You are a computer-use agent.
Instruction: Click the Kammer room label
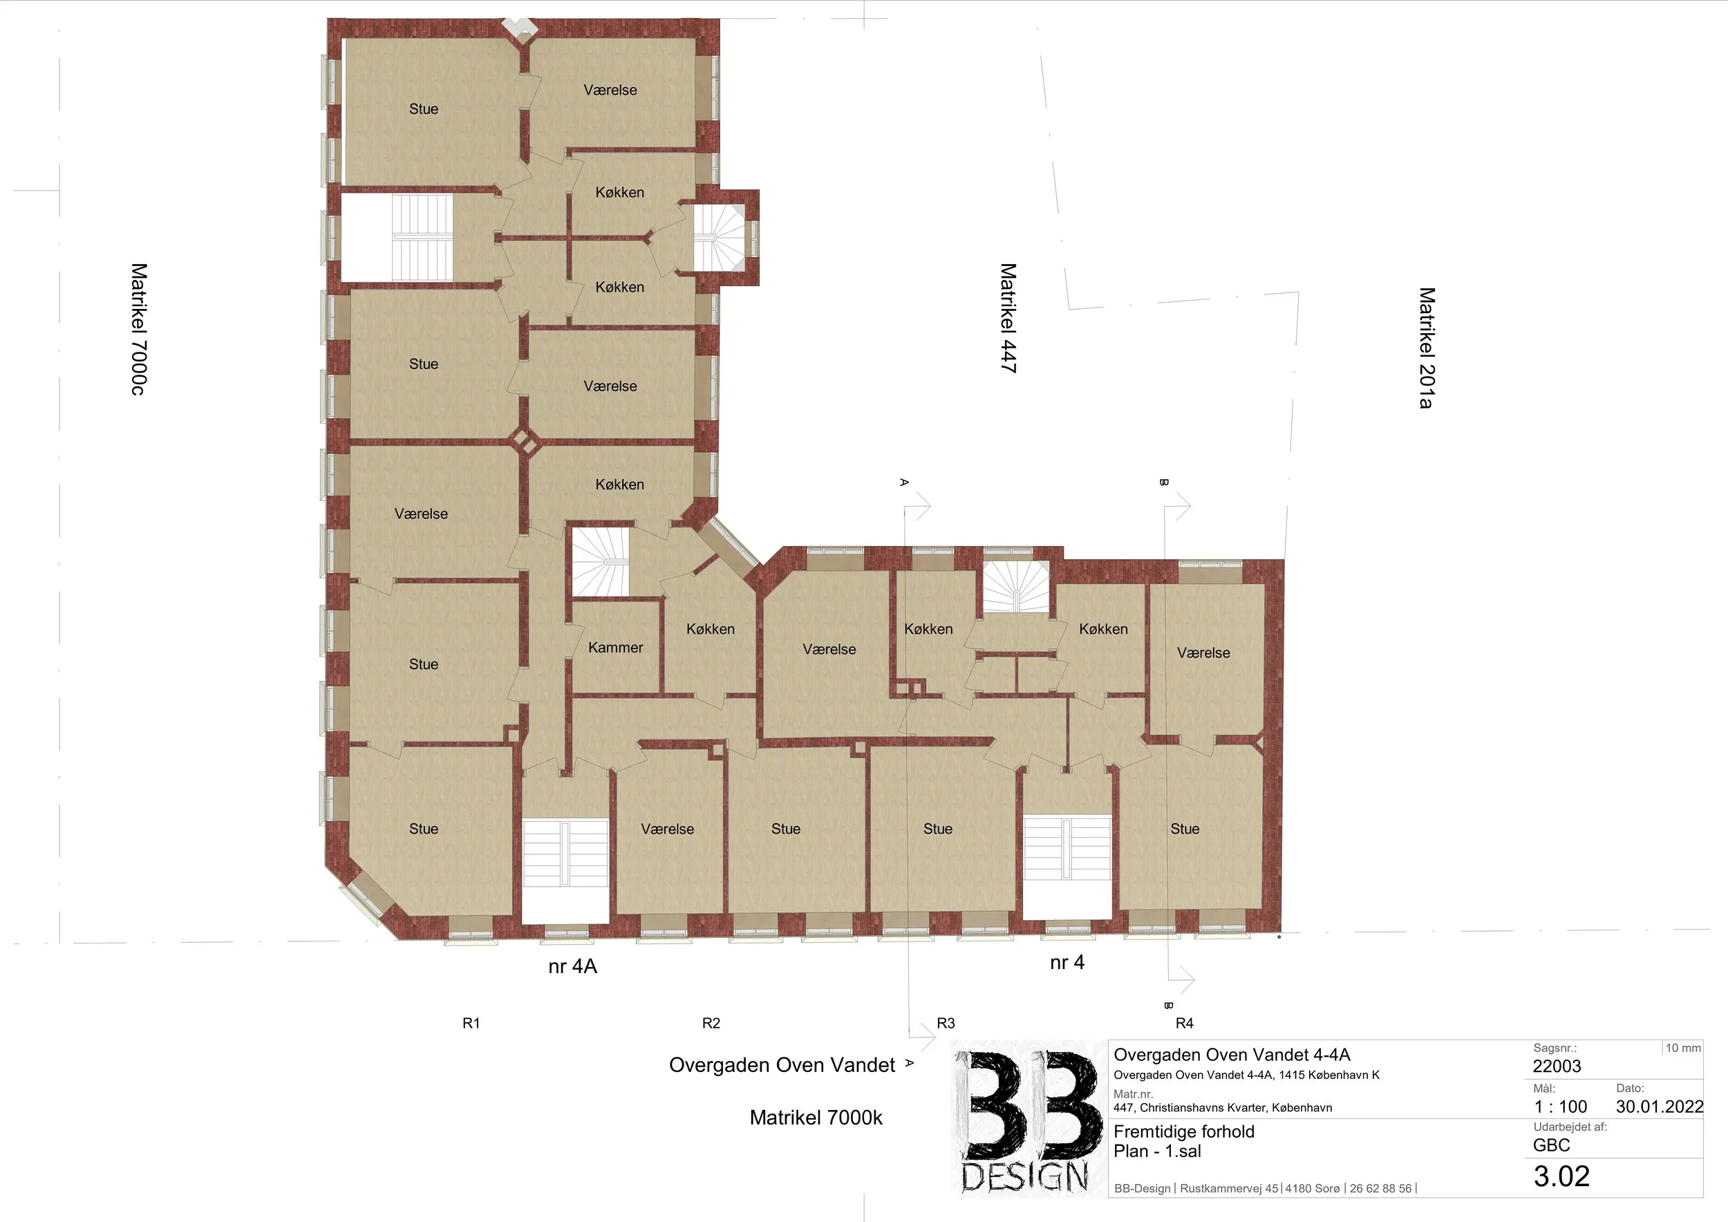(x=616, y=647)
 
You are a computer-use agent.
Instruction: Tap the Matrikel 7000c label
(x=139, y=329)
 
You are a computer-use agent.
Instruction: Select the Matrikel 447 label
(x=1008, y=317)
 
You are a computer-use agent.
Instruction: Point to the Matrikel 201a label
(x=1426, y=348)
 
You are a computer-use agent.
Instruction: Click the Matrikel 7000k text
(x=816, y=1118)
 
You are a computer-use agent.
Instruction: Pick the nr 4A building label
(x=573, y=966)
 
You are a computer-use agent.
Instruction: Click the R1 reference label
(x=471, y=1023)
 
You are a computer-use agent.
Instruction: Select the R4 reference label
(x=1185, y=1023)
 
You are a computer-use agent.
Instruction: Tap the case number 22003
(x=1557, y=1066)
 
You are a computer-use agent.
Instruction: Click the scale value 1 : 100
(x=1560, y=1106)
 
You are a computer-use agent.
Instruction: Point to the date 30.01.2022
(x=1660, y=1106)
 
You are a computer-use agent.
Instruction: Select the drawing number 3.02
(x=1561, y=1176)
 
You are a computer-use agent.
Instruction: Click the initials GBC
(x=1551, y=1145)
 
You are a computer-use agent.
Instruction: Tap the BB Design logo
(x=1027, y=1118)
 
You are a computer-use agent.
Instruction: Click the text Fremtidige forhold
(x=1184, y=1131)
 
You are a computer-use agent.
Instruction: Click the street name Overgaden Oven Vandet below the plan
(x=782, y=1064)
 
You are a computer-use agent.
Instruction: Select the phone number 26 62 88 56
(x=1380, y=1188)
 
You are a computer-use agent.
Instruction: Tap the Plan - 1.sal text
(x=1157, y=1151)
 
